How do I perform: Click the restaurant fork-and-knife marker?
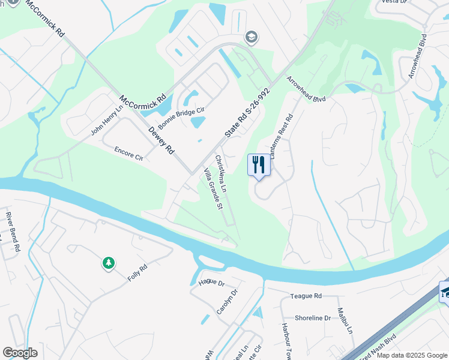pos(259,164)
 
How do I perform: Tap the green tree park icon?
pos(108,263)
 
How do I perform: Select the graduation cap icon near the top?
pos(252,38)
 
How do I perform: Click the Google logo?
pos(20,353)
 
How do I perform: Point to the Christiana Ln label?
pos(221,174)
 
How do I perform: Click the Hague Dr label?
pos(211,281)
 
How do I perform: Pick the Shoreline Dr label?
pos(313,318)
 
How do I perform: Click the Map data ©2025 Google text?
pos(411,355)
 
